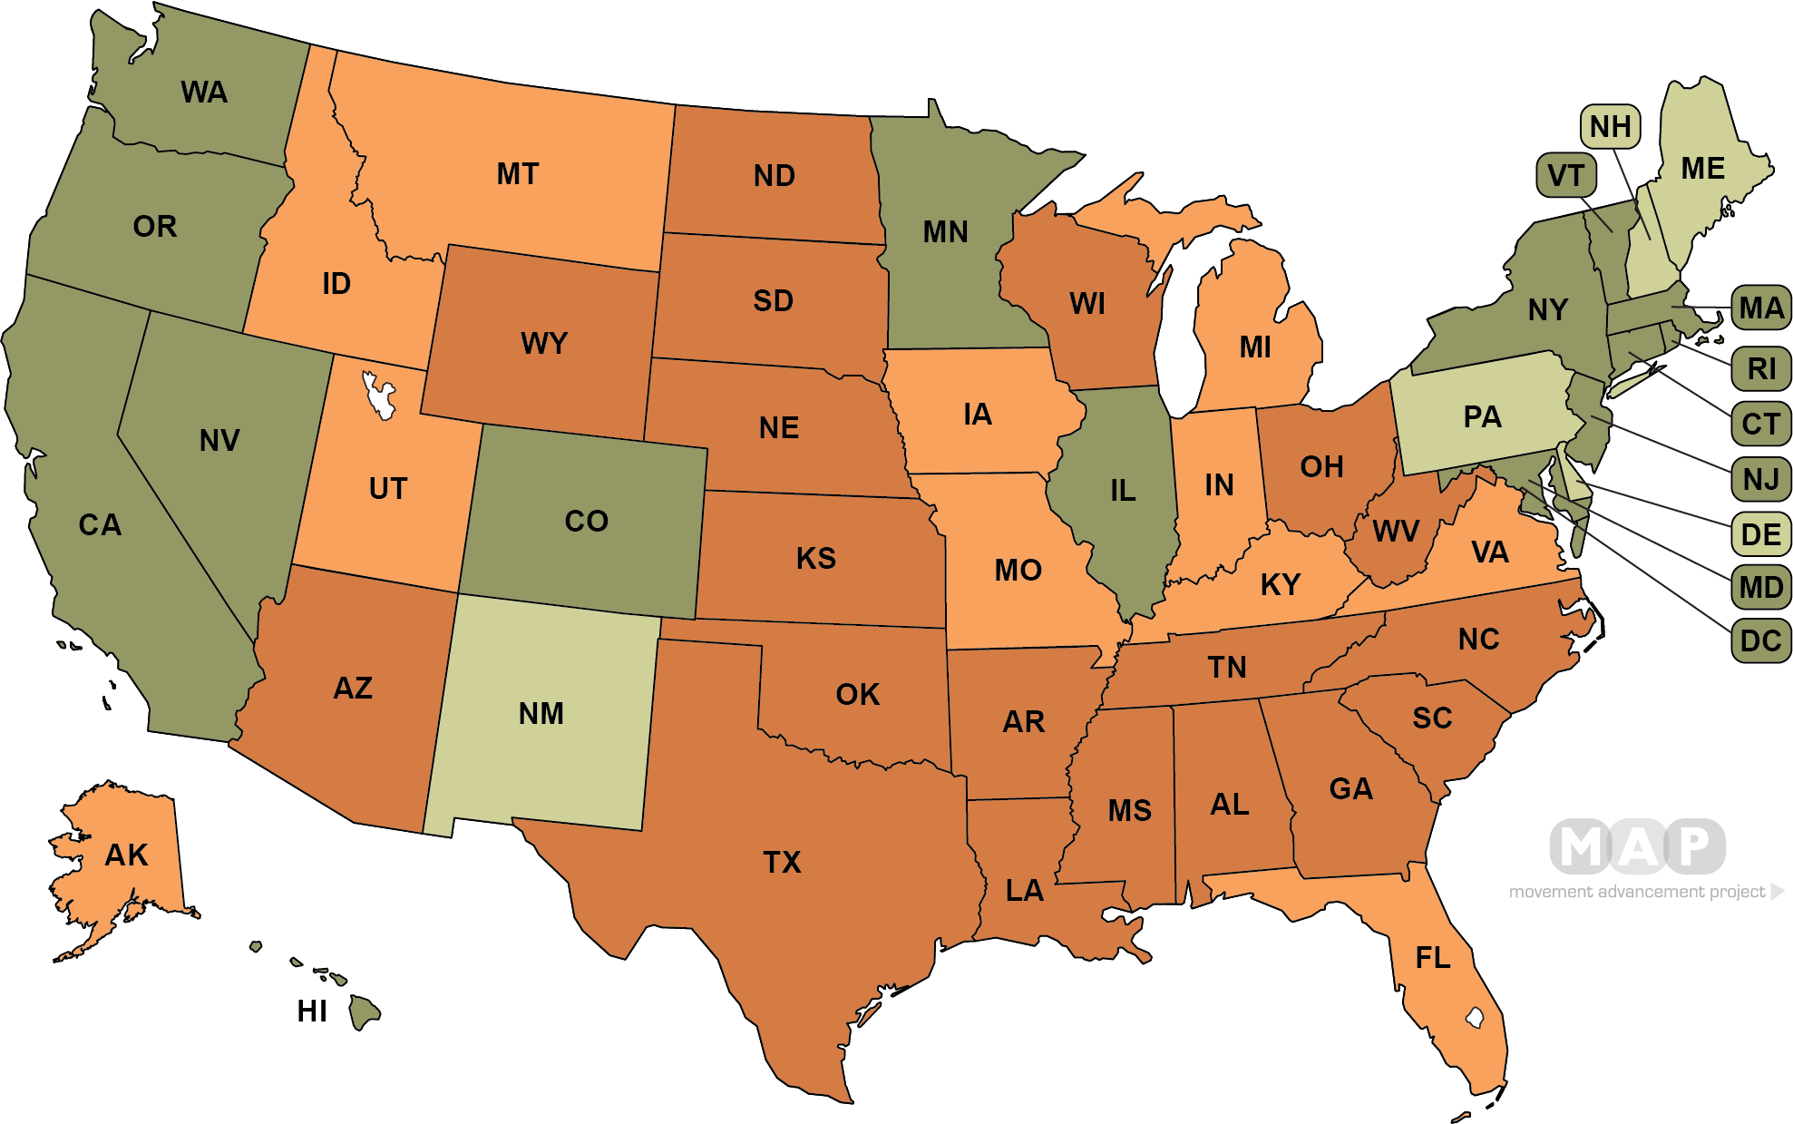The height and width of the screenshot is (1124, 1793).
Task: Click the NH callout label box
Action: point(1610,127)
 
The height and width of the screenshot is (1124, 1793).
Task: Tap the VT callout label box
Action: point(1565,175)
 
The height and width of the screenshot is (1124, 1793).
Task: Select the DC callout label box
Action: point(1760,641)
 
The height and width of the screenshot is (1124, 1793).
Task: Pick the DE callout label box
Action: point(1760,534)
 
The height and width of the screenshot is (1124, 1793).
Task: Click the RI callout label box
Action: point(1760,369)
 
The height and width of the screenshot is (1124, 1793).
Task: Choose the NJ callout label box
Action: point(1760,478)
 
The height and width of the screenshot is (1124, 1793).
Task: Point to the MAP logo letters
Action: point(1637,847)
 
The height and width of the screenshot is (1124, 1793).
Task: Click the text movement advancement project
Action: point(1637,892)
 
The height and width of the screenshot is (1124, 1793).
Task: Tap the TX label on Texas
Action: point(782,862)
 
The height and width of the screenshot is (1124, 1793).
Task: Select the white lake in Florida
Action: point(1475,1018)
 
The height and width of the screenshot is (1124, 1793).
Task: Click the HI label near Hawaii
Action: point(312,1012)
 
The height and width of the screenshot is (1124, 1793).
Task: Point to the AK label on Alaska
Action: point(126,855)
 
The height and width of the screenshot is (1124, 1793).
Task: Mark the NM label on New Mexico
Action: point(541,714)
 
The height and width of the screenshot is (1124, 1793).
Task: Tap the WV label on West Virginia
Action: point(1396,532)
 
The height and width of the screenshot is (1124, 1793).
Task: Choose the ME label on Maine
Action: point(1702,169)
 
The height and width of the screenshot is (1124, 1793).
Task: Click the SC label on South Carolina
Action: point(1432,718)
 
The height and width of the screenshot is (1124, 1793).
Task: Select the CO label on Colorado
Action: point(586,522)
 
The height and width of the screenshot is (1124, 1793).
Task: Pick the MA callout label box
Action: point(1760,308)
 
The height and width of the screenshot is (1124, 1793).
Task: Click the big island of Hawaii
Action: point(365,1012)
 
